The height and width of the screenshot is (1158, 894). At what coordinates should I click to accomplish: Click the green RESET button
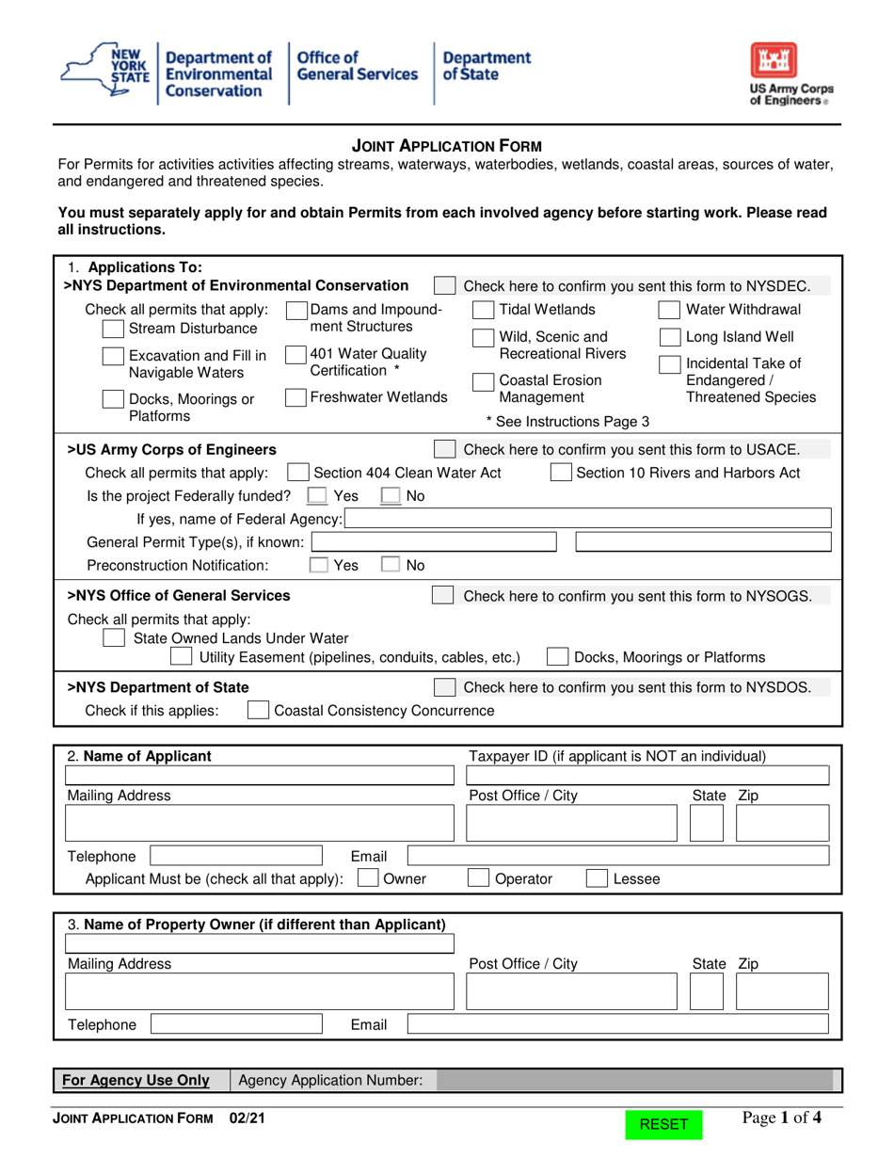coord(663,1124)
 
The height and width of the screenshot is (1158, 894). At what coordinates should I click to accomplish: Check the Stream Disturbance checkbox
coord(112,329)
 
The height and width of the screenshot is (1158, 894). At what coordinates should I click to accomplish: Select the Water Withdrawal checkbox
coord(669,311)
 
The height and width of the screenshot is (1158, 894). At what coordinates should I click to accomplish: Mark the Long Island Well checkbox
coord(669,337)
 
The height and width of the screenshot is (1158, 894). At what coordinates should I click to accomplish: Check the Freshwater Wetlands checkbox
coord(295,397)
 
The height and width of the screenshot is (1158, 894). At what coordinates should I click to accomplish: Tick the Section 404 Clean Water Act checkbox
coord(297,473)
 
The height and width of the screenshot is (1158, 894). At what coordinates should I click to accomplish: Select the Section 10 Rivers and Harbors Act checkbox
coord(560,473)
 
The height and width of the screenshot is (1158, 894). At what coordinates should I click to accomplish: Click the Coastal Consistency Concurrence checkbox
coord(257,710)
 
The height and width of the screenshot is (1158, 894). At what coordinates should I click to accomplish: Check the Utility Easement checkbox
coord(182,657)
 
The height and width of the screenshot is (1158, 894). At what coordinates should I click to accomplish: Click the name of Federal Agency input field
coord(588,519)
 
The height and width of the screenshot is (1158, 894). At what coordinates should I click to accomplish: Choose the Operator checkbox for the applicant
coord(479,879)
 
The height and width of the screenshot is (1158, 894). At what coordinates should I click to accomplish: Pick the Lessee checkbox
coord(597,879)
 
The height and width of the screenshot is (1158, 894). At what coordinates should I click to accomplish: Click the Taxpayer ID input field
coord(648,776)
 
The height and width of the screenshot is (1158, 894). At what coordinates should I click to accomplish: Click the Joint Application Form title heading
coord(446,146)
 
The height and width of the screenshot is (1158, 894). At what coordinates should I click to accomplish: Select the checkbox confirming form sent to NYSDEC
coord(445,286)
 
